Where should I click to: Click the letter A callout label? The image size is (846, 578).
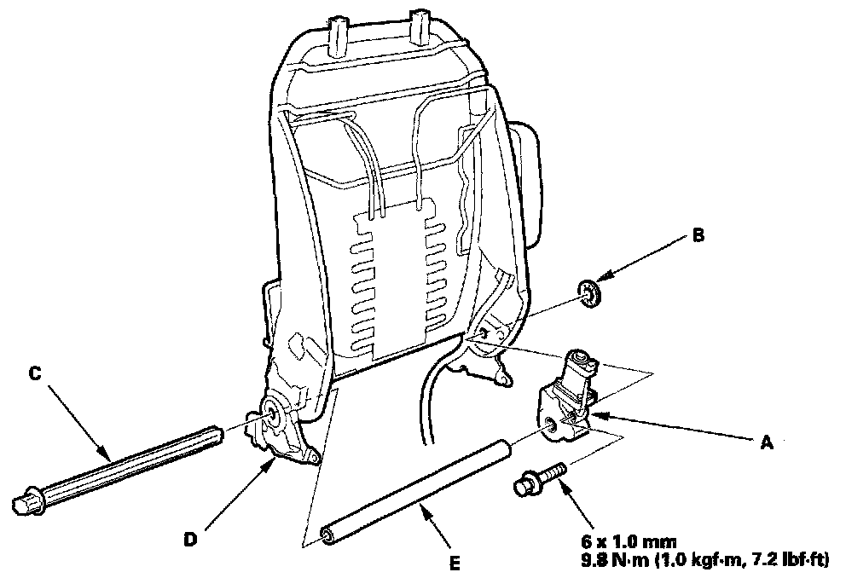pyautogui.click(x=765, y=441)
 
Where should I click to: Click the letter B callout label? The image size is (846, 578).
pyautogui.click(x=697, y=237)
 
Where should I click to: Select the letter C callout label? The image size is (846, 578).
pyautogui.click(x=34, y=373)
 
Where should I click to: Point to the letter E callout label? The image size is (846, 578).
pyautogui.click(x=455, y=563)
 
